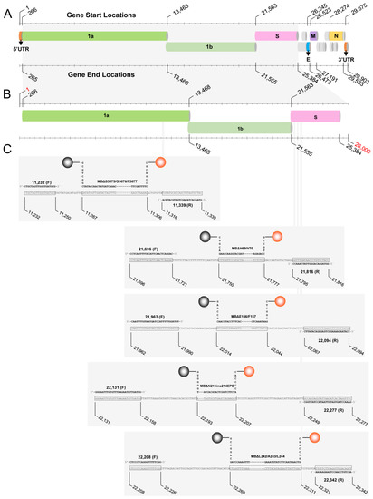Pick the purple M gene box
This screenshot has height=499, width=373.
click(x=313, y=35)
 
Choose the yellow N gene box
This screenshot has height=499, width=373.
click(x=336, y=35)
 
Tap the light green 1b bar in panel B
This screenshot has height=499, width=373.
click(x=240, y=131)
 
